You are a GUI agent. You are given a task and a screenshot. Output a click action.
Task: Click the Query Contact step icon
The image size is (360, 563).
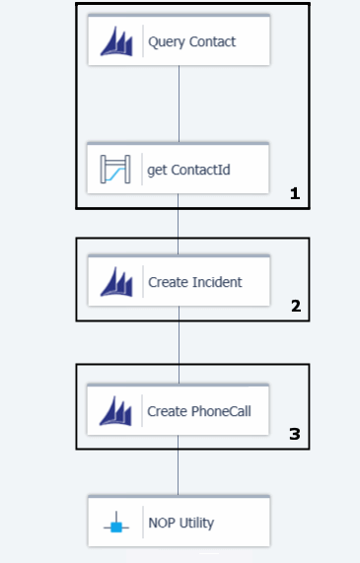(x=116, y=41)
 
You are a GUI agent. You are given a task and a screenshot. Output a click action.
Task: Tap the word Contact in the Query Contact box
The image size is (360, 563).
(x=212, y=41)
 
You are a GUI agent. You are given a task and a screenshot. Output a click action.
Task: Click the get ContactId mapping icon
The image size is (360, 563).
(x=115, y=170)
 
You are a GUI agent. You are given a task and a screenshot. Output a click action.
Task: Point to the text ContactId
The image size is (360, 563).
(x=200, y=170)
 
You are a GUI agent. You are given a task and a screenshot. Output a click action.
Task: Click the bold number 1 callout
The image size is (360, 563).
(x=295, y=193)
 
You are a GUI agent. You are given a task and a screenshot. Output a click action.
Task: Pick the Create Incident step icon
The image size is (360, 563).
(x=116, y=282)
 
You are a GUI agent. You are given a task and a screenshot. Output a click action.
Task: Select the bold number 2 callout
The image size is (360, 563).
(x=296, y=306)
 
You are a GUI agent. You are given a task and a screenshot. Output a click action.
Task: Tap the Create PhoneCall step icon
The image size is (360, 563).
(x=115, y=411)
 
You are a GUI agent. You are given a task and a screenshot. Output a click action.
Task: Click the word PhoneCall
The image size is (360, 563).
(x=221, y=411)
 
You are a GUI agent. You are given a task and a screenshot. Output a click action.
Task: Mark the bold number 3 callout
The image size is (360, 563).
(x=295, y=434)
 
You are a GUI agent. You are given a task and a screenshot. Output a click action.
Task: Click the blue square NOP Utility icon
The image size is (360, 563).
(x=116, y=527)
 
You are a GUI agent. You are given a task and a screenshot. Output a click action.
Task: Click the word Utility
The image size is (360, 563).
(x=196, y=524)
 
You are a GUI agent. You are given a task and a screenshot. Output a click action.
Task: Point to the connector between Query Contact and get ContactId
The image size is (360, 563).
(x=179, y=104)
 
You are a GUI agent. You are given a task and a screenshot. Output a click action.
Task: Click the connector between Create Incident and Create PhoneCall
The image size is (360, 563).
(x=179, y=345)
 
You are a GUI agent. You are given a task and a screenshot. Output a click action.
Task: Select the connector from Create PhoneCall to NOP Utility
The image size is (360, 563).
(x=178, y=465)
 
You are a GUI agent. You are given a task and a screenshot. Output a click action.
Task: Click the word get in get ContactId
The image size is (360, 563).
(x=158, y=171)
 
